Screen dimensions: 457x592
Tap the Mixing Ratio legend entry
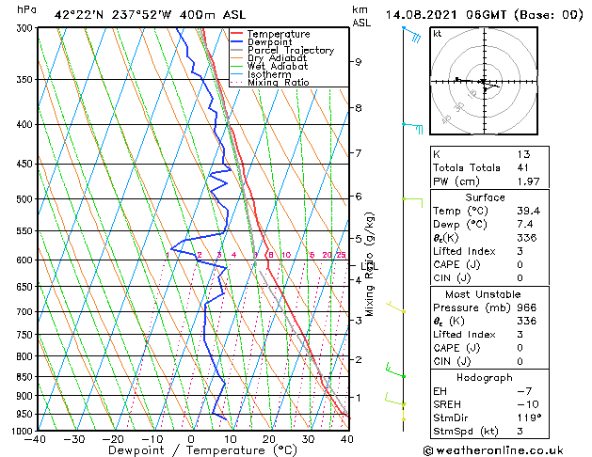point(278,83)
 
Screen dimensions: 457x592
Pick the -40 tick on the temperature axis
point(37,439)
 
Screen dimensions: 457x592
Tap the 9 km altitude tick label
point(358,62)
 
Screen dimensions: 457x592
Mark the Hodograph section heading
point(486,376)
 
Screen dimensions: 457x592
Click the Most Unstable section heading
point(486,293)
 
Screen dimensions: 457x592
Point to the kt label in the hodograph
point(437,34)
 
